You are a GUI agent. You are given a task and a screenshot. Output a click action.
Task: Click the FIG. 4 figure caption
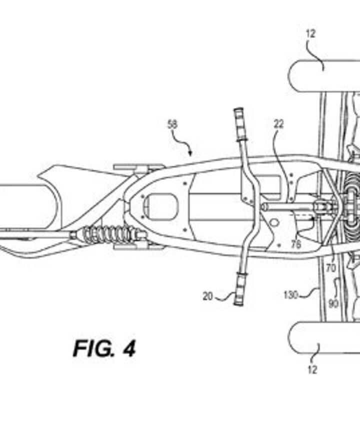[x=104, y=348]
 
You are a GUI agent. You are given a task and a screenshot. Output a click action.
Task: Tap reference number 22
[x=278, y=124]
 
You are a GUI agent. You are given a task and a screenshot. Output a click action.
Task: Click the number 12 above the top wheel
[x=311, y=34]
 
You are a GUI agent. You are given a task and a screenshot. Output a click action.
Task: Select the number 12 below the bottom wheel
[x=312, y=370]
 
